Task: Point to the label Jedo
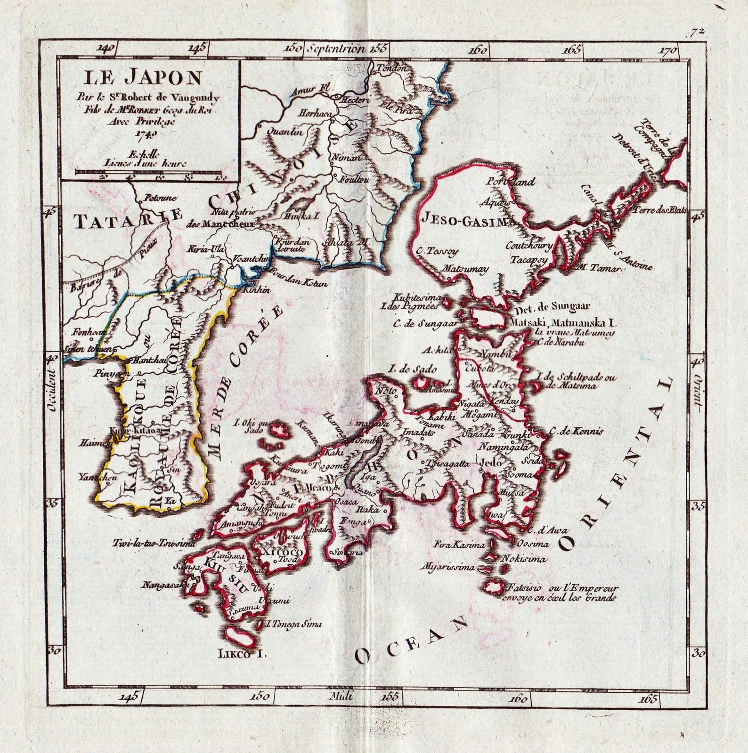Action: [x=488, y=463]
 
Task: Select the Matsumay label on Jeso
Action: [x=463, y=268]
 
